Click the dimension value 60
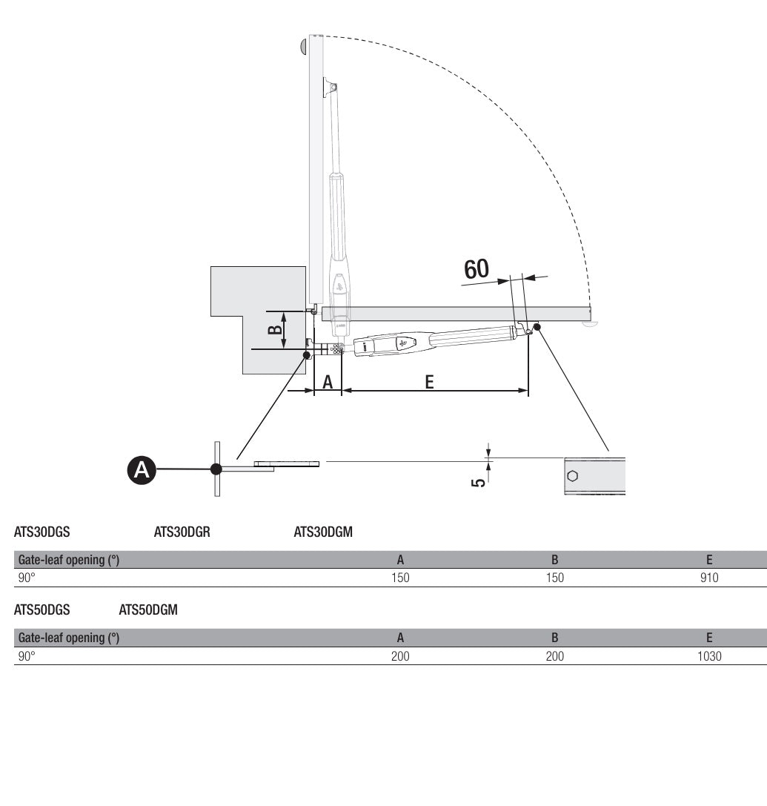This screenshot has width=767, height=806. (x=477, y=268)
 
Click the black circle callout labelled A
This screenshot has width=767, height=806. (x=142, y=470)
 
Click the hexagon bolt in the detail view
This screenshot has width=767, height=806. (x=572, y=475)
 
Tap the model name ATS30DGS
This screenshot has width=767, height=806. (x=42, y=532)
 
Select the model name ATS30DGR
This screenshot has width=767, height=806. (x=182, y=532)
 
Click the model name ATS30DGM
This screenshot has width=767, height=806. (x=323, y=532)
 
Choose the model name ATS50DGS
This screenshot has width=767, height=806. (x=42, y=610)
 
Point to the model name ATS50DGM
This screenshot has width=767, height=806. (x=148, y=610)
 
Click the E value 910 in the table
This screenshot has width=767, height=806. (x=709, y=578)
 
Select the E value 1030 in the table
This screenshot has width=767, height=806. (x=709, y=655)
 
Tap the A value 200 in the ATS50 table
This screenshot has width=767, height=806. (x=400, y=655)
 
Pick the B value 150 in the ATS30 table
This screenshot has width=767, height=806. (x=554, y=578)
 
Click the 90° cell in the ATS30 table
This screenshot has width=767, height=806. (x=27, y=578)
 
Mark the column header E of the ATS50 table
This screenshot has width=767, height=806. (x=709, y=637)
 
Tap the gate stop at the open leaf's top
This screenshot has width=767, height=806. (x=304, y=46)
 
